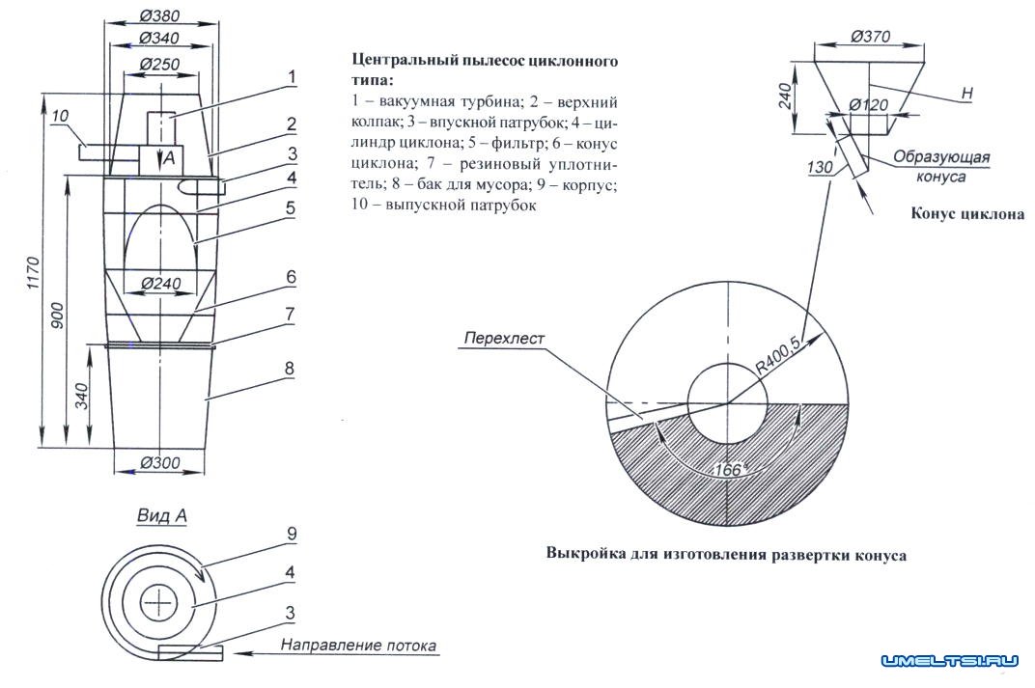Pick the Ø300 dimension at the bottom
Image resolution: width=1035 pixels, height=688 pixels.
161,463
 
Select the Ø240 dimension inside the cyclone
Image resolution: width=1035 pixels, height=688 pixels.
161,285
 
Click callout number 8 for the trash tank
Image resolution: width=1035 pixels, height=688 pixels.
289,368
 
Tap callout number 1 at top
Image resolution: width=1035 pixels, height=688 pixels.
290,76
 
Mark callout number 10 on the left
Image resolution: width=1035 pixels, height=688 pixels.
60,117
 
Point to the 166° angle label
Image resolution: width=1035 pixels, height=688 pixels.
730,470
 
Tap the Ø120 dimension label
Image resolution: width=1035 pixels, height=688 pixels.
869,104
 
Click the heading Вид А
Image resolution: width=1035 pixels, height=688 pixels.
160,516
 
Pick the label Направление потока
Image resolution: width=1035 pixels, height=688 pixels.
358,645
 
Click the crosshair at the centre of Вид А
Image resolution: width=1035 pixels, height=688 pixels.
158,604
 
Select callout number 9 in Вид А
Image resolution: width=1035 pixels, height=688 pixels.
289,532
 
